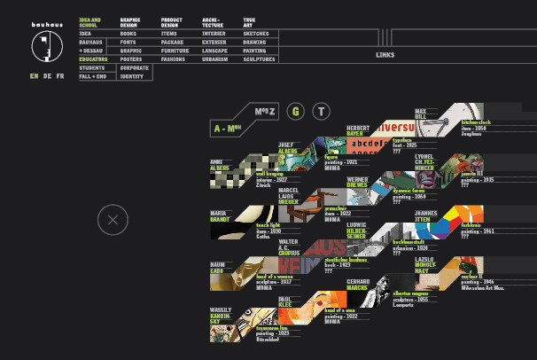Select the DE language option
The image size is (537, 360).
(x=47, y=77)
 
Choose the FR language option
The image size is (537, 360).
(x=60, y=77)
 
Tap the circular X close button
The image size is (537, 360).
(x=113, y=220)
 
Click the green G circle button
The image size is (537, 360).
(x=296, y=111)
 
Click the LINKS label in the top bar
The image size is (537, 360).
(x=385, y=55)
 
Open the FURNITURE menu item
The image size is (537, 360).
(x=175, y=51)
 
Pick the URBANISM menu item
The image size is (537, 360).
(x=216, y=59)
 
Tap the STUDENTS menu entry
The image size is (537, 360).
(x=91, y=68)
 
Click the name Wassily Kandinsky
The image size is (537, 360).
(x=222, y=317)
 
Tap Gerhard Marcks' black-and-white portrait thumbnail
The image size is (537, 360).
(x=381, y=284)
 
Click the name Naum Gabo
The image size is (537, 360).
(x=218, y=267)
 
